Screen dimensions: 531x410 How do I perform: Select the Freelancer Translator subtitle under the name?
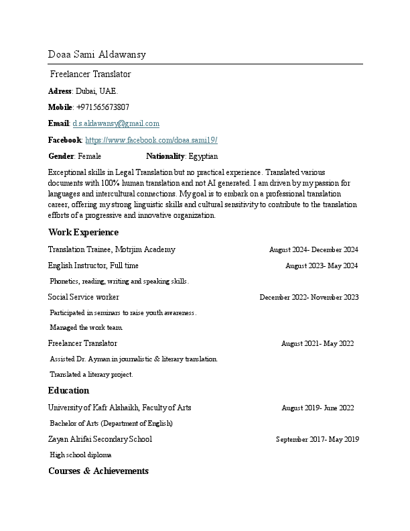(x=90, y=74)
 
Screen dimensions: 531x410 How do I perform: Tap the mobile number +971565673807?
(x=103, y=107)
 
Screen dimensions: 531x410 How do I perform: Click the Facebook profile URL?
(x=151, y=140)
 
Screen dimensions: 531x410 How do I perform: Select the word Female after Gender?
(x=90, y=156)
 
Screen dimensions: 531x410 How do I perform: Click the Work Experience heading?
(x=83, y=233)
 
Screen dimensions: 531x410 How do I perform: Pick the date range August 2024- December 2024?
(x=314, y=249)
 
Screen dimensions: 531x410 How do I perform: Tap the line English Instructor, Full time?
(x=93, y=265)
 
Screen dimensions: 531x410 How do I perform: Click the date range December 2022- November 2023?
(x=309, y=297)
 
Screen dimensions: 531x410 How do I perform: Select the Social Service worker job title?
(x=84, y=297)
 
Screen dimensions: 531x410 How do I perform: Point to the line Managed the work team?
(x=86, y=328)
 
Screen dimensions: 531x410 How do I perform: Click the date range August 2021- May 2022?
(x=318, y=344)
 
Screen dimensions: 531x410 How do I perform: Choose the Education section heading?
(x=68, y=391)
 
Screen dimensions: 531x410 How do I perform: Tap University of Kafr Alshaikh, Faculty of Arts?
(x=120, y=408)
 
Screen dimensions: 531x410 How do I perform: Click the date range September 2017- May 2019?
(x=318, y=440)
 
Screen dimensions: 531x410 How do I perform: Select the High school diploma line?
(x=80, y=455)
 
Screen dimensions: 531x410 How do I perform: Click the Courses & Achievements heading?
(x=98, y=471)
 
